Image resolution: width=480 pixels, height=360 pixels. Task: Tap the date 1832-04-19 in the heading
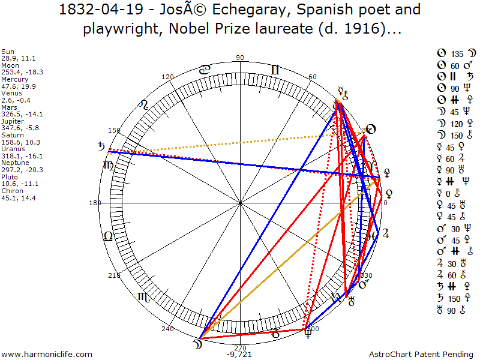click(x=100, y=10)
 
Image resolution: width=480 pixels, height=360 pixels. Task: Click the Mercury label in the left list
click(x=14, y=79)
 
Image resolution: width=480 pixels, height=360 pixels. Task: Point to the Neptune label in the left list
click(x=14, y=163)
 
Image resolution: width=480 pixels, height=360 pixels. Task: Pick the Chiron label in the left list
click(x=13, y=191)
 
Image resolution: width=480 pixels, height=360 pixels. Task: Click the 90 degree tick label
click(x=241, y=58)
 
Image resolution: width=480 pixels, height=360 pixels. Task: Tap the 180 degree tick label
click(x=94, y=203)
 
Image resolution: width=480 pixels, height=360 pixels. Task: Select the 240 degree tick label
click(x=167, y=329)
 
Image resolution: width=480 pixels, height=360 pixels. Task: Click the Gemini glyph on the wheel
click(x=275, y=70)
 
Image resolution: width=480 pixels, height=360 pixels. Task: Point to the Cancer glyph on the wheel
click(x=205, y=70)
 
